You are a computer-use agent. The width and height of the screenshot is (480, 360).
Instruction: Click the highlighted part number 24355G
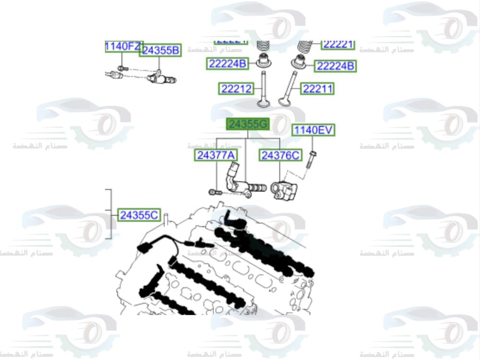[x=248, y=124]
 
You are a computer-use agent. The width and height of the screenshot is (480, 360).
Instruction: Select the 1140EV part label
[x=313, y=130]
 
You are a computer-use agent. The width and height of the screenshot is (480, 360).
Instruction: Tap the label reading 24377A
[x=216, y=155]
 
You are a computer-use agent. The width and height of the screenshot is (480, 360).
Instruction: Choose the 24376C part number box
[x=280, y=155]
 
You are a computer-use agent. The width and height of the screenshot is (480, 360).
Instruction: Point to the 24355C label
[x=139, y=216]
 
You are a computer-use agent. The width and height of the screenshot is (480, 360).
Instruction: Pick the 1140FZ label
[x=123, y=46]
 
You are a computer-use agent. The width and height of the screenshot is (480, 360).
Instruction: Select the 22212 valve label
[x=236, y=89]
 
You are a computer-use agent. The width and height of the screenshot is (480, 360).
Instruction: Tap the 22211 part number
[x=317, y=89]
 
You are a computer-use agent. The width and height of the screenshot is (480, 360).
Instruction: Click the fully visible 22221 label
[x=338, y=44]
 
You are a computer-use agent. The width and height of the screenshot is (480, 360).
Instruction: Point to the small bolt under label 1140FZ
[x=121, y=68]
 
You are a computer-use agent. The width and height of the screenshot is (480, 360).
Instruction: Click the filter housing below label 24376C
[x=284, y=191]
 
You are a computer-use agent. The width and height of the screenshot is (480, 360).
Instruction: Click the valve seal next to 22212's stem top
[x=263, y=61]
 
